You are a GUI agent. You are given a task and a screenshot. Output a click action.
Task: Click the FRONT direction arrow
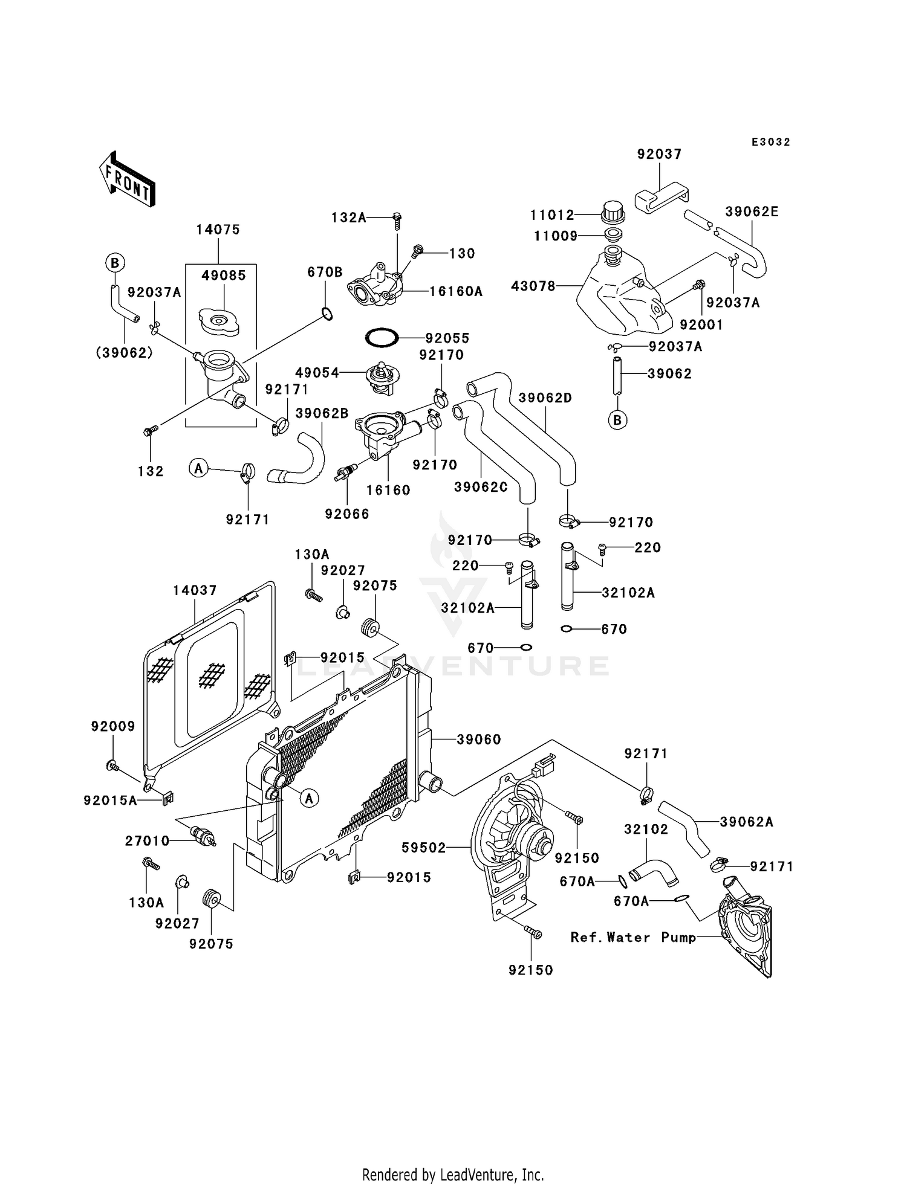[x=128, y=180]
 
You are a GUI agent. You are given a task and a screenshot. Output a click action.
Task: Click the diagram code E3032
[x=770, y=142]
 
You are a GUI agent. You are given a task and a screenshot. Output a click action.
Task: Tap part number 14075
[x=218, y=230]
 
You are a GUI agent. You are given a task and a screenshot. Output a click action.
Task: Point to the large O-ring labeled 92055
[x=382, y=338]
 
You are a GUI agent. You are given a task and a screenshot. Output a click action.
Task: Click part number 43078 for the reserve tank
[x=533, y=286]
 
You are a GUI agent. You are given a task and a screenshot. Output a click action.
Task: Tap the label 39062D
[x=545, y=398]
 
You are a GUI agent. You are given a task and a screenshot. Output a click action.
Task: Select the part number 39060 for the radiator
[x=478, y=740]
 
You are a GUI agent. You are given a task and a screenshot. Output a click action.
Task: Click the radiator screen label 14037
[x=195, y=590]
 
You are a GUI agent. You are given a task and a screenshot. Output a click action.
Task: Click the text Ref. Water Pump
[x=632, y=938]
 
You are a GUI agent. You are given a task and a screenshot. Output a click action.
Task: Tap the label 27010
[x=147, y=840]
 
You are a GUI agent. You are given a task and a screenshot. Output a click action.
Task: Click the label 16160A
[x=456, y=292]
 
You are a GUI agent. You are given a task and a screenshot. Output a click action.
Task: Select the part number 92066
[x=346, y=514]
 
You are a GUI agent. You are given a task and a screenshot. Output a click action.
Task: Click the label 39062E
[x=752, y=211]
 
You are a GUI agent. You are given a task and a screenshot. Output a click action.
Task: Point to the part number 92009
[x=113, y=726]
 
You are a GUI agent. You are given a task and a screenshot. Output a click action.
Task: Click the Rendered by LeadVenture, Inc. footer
[x=453, y=1175]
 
